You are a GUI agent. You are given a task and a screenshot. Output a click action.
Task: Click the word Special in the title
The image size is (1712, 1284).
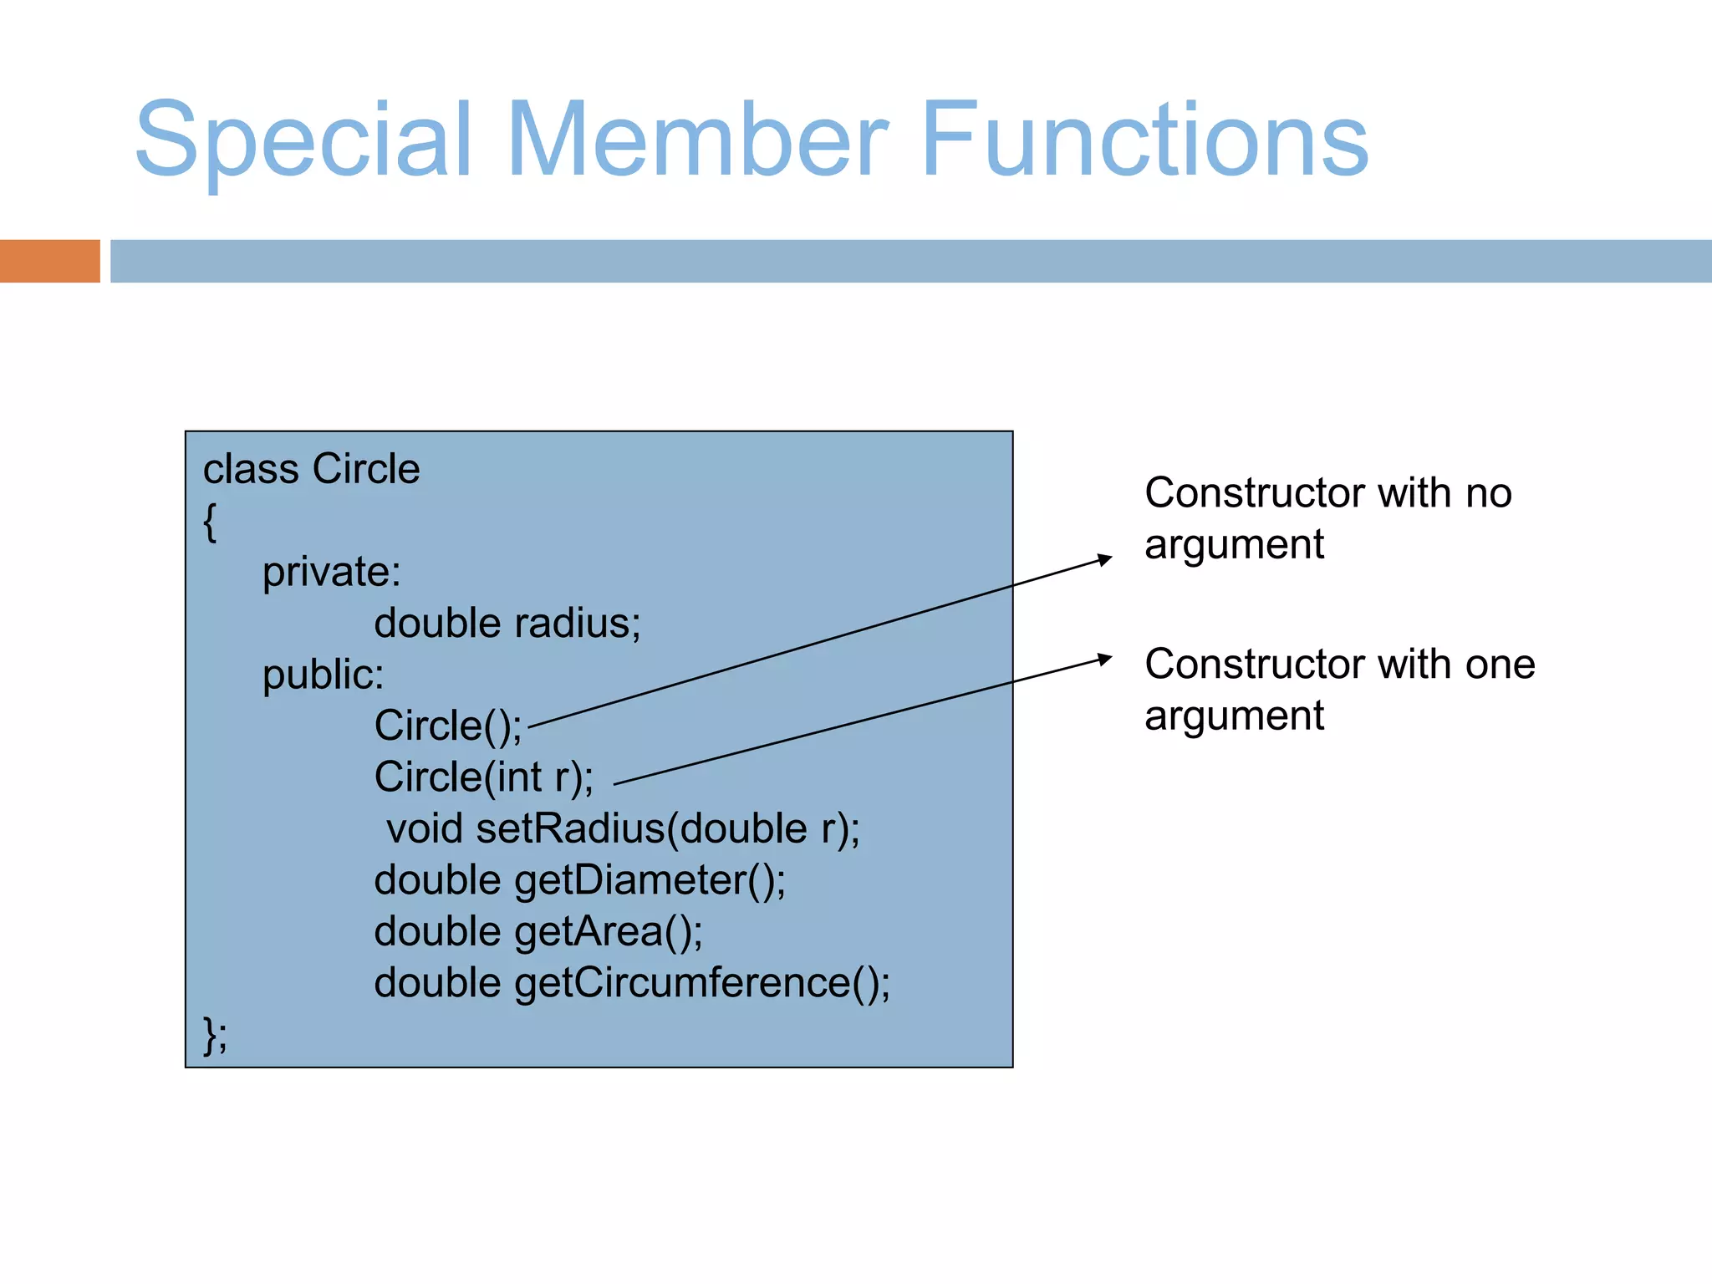point(303,140)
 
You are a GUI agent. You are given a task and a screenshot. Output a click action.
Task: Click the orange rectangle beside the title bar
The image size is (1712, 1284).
point(49,261)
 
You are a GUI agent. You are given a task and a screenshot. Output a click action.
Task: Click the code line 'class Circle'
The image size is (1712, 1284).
point(311,469)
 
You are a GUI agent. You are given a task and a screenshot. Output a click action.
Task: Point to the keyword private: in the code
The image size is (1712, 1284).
point(331,573)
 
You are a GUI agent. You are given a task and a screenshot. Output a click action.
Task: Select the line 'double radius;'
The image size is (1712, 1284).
point(507,624)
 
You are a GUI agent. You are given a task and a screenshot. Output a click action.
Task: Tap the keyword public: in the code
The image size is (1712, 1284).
point(323,675)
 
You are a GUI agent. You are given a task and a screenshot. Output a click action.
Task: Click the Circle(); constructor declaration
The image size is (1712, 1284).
point(447,726)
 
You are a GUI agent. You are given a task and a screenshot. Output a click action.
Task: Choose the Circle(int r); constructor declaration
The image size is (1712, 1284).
point(483,777)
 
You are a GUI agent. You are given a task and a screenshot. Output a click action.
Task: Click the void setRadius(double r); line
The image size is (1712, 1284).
point(623,829)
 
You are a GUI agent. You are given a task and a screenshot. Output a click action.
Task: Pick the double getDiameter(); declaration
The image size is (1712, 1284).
point(579,880)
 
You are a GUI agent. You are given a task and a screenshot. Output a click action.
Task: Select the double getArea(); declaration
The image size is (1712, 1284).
point(538,932)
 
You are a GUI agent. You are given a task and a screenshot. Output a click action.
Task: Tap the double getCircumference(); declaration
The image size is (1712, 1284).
point(631,983)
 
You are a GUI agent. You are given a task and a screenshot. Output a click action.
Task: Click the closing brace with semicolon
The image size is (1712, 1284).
point(214,1035)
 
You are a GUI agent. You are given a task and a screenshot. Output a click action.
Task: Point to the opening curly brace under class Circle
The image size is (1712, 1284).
point(210,522)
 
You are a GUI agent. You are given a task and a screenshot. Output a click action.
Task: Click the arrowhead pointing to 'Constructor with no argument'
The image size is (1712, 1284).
point(1105,558)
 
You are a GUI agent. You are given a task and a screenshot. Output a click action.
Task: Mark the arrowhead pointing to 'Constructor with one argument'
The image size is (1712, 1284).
point(1105,659)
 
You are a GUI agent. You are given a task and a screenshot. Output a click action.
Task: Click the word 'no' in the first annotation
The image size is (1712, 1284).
point(1488,493)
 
